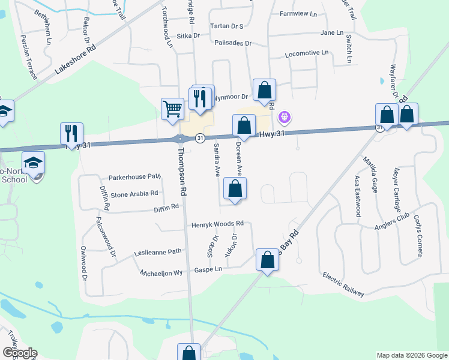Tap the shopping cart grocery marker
coord(172,109)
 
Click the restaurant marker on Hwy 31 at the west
coord(72,134)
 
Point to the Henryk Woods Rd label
coord(217,224)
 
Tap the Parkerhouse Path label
coord(135,178)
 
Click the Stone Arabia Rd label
coord(134,194)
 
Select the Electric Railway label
coord(343,284)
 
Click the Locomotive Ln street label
coord(307,53)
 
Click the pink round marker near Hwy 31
coord(285,116)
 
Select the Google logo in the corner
coord(19,353)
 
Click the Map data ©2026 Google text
coord(412,355)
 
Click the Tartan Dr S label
coord(226,26)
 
